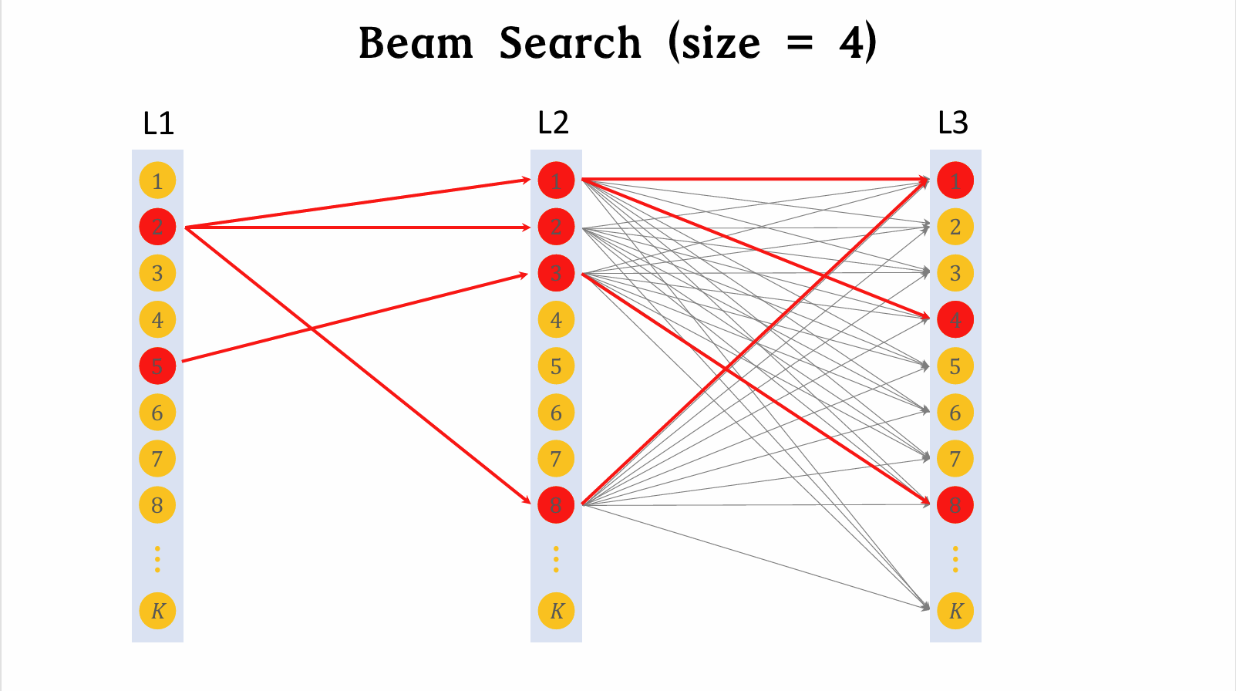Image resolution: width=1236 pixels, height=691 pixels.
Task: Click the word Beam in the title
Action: tap(416, 43)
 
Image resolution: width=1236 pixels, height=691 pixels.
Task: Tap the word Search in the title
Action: tap(570, 43)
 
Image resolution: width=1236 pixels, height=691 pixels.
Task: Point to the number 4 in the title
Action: tap(851, 43)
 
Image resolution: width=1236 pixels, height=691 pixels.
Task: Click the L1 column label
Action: tap(158, 123)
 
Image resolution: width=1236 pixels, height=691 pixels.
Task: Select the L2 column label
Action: tap(553, 123)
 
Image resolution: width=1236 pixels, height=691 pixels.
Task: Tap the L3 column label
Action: tap(952, 123)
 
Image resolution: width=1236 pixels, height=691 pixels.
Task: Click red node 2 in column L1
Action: tap(157, 227)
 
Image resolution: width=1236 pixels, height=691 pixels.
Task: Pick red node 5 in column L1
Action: tap(157, 366)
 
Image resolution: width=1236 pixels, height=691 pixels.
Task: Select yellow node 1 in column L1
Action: tap(157, 181)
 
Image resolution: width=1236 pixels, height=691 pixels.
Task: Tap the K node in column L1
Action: tap(157, 611)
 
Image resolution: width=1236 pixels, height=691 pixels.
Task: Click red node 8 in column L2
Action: tap(556, 505)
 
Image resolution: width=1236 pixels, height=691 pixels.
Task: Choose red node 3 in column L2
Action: tap(556, 273)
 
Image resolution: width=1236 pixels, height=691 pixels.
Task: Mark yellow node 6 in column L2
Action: tap(556, 413)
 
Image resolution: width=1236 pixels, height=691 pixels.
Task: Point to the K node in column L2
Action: tap(556, 611)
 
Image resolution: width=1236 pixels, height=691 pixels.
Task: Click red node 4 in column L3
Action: tap(955, 319)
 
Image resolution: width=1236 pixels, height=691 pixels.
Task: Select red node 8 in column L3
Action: tap(955, 505)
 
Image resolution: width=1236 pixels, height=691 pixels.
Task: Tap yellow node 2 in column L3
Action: tap(955, 227)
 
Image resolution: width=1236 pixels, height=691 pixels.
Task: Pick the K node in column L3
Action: tap(955, 611)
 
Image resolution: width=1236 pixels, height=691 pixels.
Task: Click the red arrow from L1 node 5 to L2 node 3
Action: tap(355, 317)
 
